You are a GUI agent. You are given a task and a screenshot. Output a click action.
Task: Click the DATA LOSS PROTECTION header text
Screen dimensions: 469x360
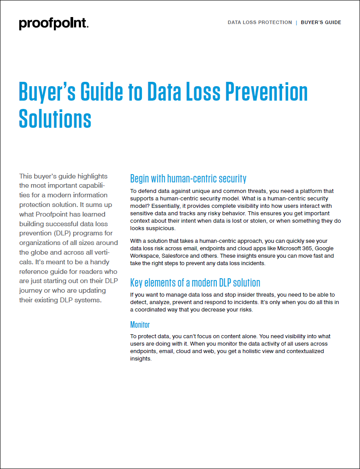[260, 22]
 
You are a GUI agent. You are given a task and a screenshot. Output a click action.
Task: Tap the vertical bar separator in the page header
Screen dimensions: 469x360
[296, 22]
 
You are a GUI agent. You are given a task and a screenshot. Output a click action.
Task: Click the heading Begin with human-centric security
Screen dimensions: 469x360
[188, 178]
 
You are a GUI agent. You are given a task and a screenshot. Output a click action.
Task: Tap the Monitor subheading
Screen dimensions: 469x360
[140, 325]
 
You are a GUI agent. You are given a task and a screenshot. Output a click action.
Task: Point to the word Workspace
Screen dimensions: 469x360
[145, 255]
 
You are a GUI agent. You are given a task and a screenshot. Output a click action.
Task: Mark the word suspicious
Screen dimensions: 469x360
[160, 228]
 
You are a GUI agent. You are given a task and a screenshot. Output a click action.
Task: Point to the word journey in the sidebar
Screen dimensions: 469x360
[31, 290]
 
